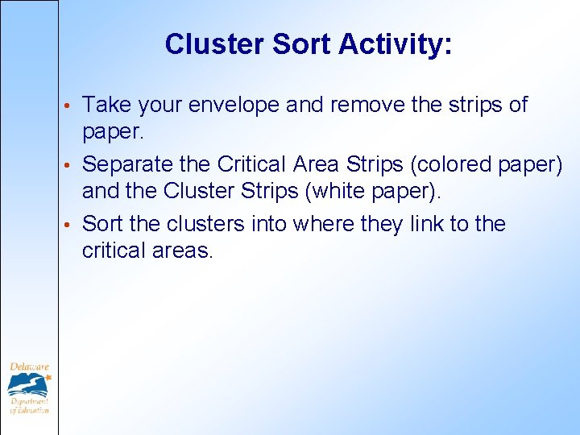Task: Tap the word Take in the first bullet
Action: coord(107,105)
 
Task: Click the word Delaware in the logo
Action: coord(27,368)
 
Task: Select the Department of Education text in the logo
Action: coord(29,405)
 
